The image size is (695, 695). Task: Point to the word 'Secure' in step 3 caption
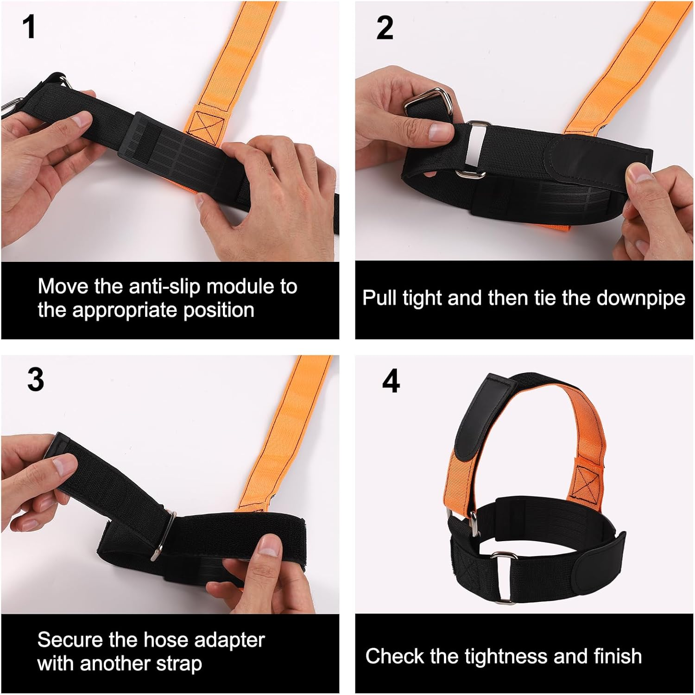click(x=69, y=640)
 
